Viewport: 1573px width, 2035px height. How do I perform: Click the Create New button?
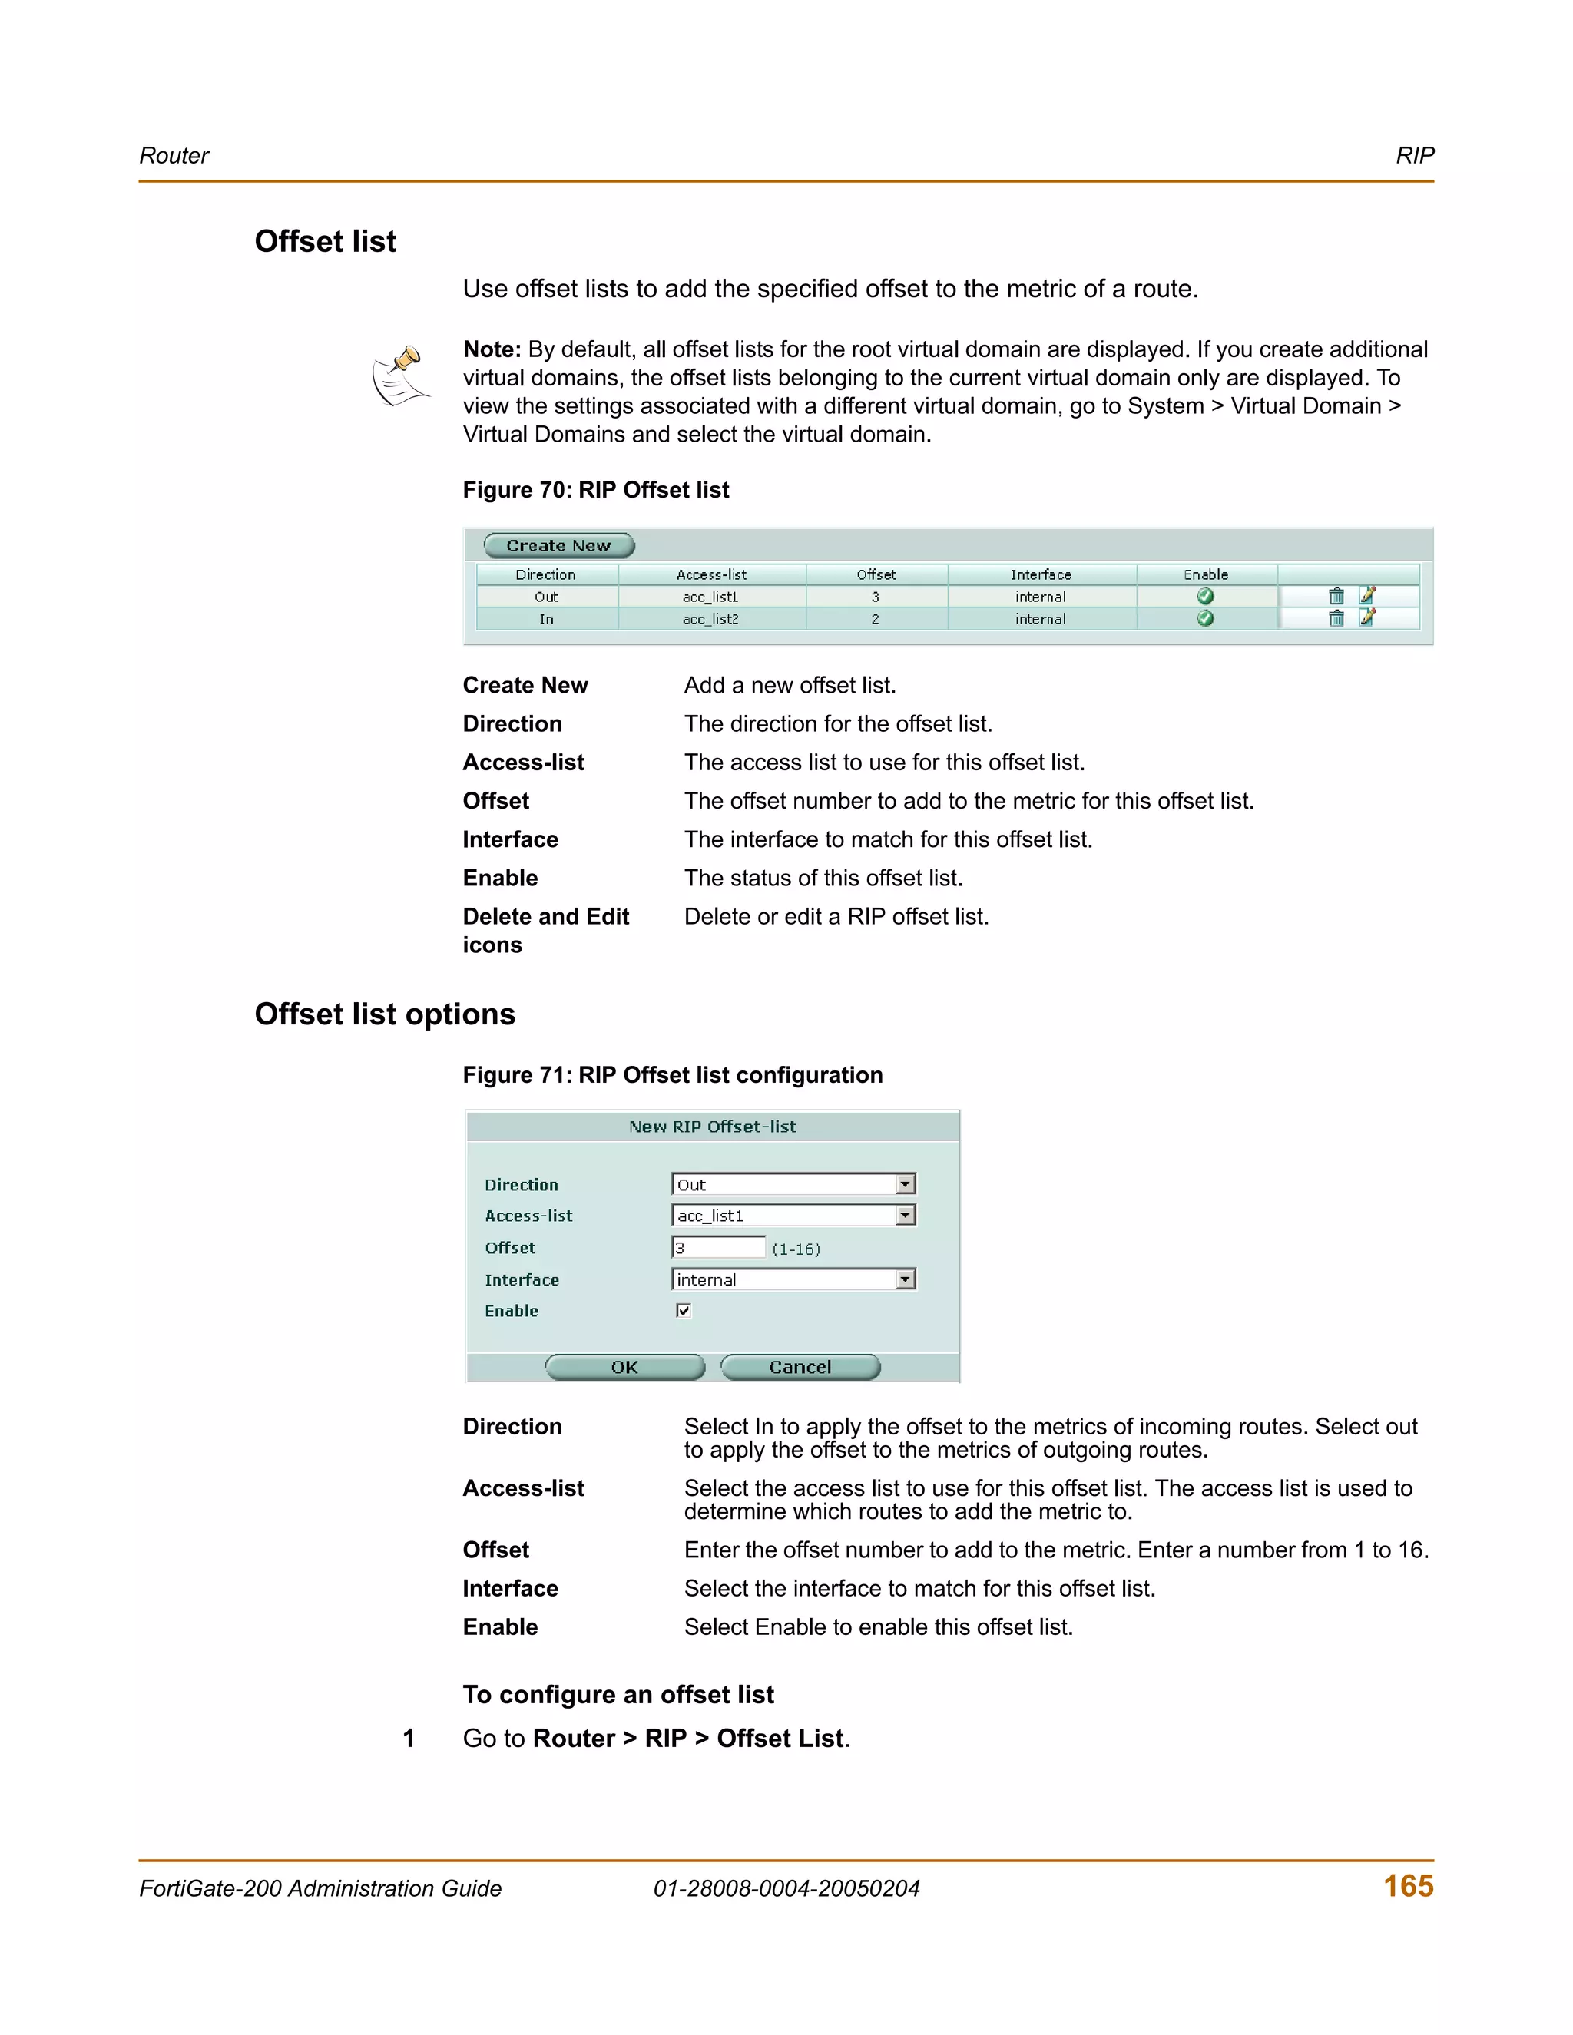(x=558, y=545)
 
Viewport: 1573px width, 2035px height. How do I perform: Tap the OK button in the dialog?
(x=624, y=1367)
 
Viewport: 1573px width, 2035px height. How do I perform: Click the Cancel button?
(x=800, y=1367)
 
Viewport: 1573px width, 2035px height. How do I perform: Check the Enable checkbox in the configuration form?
(x=683, y=1311)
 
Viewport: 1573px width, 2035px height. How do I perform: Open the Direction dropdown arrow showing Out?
(x=905, y=1184)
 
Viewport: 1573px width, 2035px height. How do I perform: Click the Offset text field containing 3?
(x=717, y=1248)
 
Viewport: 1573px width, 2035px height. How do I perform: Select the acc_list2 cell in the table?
(x=711, y=619)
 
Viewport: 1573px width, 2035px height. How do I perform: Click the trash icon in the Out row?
(x=1336, y=597)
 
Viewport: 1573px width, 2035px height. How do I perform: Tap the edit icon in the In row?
(x=1367, y=617)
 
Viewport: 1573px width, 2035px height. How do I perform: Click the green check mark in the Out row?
(x=1205, y=597)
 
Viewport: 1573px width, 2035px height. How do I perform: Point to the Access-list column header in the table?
(x=711, y=575)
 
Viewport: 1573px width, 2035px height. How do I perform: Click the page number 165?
(x=1408, y=1886)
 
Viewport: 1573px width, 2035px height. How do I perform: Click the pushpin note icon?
(x=401, y=376)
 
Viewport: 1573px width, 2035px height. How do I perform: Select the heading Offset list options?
(x=385, y=1014)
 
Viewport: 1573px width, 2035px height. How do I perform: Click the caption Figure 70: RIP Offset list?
(x=595, y=490)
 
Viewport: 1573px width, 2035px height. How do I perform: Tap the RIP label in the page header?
(x=1414, y=156)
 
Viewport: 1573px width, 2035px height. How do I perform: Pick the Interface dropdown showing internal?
(x=793, y=1279)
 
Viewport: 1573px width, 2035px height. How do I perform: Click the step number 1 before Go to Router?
(x=408, y=1739)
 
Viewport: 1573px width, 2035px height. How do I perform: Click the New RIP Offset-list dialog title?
(x=712, y=1127)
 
